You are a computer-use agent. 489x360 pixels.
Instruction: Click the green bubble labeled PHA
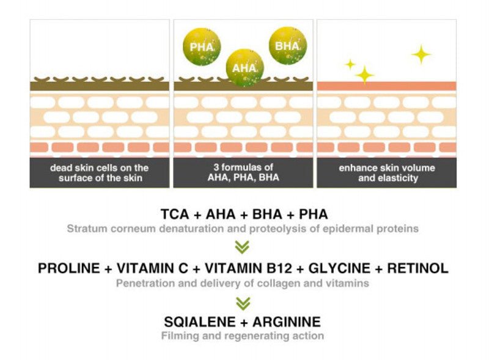click(201, 46)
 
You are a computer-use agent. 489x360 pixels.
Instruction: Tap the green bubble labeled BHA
click(287, 45)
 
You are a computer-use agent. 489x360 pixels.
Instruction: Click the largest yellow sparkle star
click(421, 54)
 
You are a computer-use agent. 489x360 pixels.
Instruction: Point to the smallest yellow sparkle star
click(350, 64)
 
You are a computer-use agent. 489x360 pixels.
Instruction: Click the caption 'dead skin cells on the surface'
click(100, 172)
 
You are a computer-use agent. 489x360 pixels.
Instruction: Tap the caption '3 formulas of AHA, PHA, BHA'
click(243, 172)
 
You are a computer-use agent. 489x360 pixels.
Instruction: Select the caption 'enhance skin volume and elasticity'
click(386, 172)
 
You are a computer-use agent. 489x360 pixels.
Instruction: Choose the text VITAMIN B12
click(252, 268)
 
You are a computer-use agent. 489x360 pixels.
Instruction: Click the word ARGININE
click(287, 321)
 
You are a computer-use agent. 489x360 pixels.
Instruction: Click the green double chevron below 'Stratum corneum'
click(243, 248)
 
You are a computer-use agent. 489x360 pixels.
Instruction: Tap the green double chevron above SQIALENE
click(243, 302)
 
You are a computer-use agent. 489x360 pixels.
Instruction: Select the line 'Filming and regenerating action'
click(243, 336)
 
